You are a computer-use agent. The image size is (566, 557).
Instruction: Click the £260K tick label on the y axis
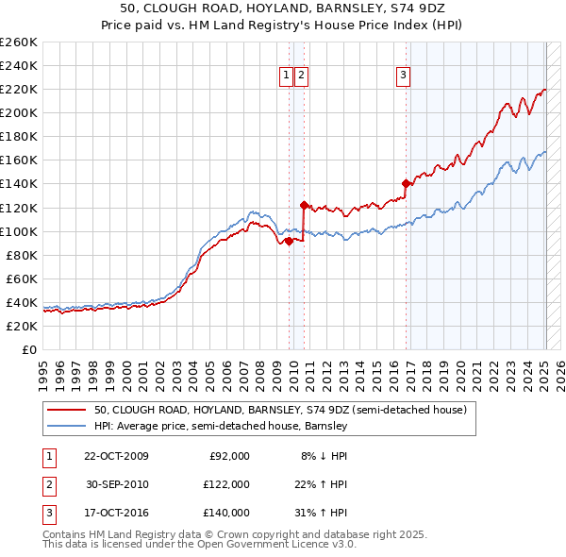(19, 42)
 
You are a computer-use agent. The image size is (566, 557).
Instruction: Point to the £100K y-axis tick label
(19, 231)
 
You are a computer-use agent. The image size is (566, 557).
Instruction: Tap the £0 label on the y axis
(29, 349)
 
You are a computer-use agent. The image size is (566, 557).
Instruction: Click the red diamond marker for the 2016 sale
(406, 183)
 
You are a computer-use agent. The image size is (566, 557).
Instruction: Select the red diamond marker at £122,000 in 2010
(304, 205)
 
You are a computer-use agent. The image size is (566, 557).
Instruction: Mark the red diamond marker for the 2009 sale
(289, 240)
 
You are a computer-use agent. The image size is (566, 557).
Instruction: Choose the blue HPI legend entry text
(221, 426)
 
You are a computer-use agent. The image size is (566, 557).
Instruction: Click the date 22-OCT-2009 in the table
(117, 456)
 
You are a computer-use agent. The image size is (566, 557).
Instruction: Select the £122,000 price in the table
(227, 484)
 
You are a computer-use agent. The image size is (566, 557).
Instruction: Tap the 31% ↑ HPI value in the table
(320, 513)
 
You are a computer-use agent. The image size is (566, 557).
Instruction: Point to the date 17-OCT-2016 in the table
(117, 513)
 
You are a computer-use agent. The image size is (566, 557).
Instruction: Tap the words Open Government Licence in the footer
(265, 544)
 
